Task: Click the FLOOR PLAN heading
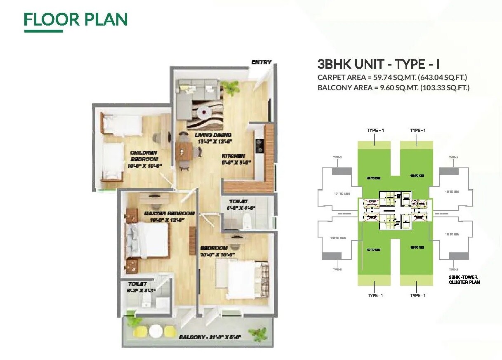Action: pos(75,19)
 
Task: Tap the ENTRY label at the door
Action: pos(262,62)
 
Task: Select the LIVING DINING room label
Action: pos(213,135)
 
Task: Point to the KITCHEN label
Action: pos(233,156)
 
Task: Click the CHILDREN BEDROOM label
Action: pos(144,156)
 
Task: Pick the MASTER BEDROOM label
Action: pos(169,214)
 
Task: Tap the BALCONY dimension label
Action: pos(210,337)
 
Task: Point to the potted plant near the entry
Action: pos(230,87)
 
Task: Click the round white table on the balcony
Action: pos(156,331)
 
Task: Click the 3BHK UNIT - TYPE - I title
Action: pos(379,64)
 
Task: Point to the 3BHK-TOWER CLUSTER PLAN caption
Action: pos(464,280)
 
